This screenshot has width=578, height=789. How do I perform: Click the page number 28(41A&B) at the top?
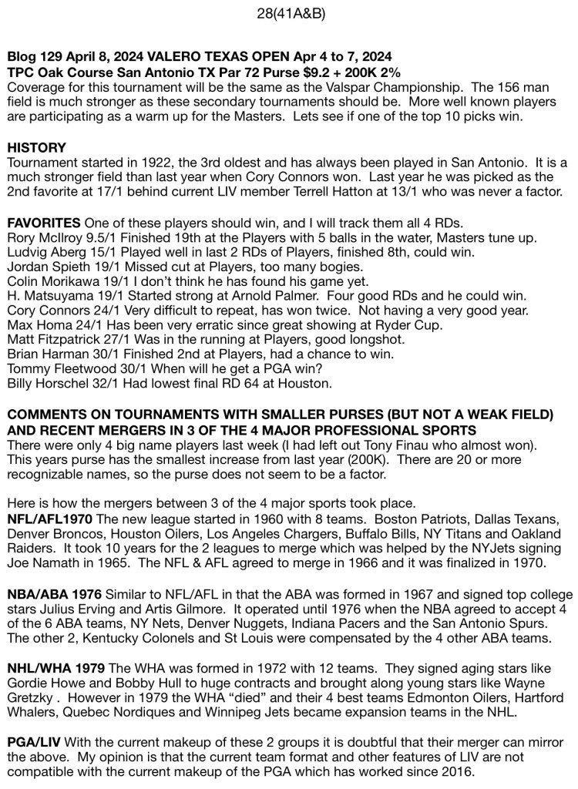288,14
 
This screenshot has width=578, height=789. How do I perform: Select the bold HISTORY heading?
35,146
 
